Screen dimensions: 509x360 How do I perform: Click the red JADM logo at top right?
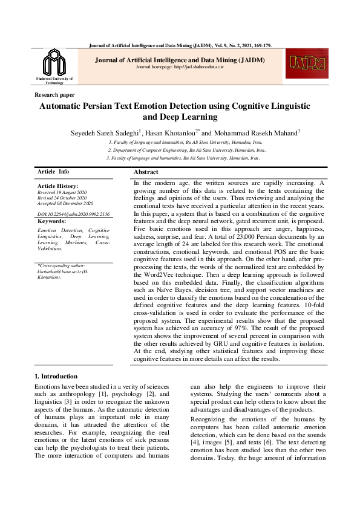click(308, 63)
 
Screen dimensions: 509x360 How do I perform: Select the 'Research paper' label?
click(55, 95)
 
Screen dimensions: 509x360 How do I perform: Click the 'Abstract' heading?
click(146, 172)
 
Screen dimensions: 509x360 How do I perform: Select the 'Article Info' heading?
click(53, 172)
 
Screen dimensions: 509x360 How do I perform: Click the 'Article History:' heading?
click(57, 186)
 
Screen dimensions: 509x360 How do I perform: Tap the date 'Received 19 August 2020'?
click(62, 192)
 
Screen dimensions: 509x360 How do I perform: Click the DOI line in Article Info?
click(74, 214)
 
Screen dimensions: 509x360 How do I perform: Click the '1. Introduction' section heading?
click(56, 376)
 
